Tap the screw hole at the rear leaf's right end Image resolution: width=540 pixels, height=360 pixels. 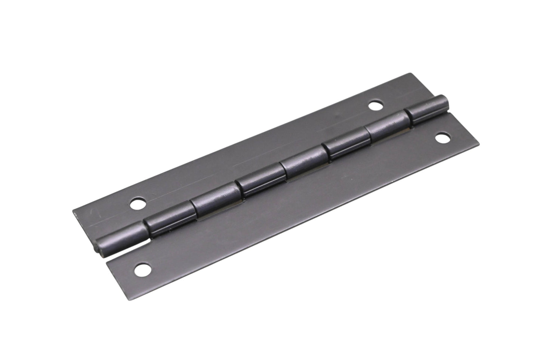point(375,106)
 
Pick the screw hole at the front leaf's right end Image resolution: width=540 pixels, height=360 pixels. point(442,138)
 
